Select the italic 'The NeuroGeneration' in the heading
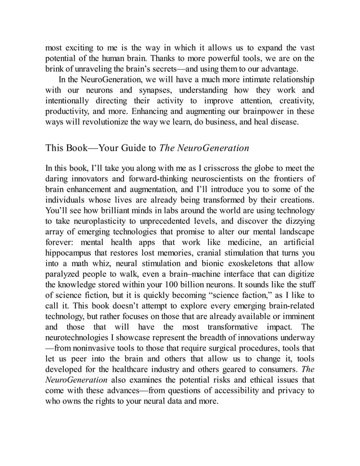click(204, 148)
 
